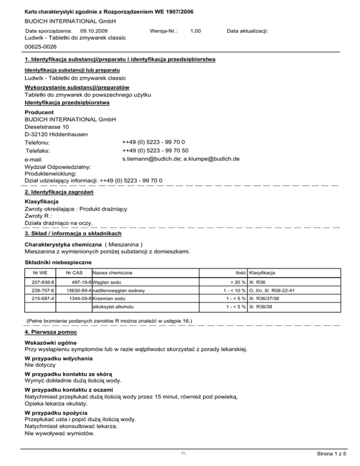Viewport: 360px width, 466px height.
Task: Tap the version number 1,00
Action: point(196,30)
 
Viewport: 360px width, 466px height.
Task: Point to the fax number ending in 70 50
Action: point(155,150)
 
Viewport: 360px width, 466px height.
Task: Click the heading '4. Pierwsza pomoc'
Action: point(48,331)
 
